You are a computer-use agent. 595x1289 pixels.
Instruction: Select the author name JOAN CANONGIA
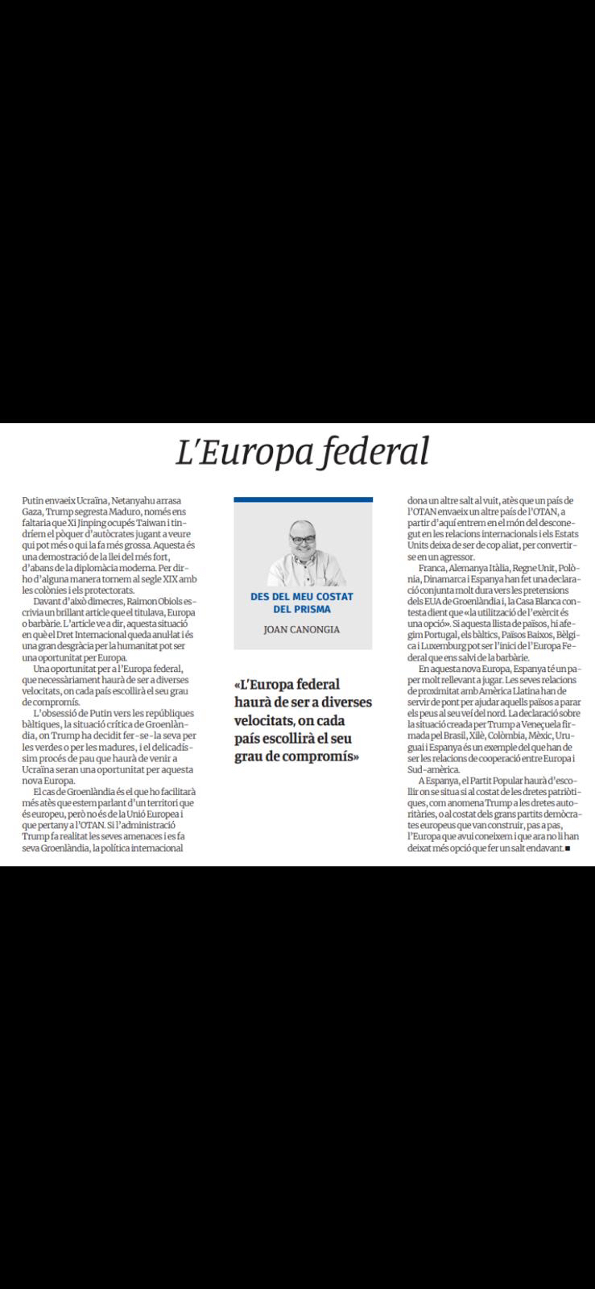[303, 630]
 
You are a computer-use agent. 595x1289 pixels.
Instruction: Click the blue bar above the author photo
[303, 500]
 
